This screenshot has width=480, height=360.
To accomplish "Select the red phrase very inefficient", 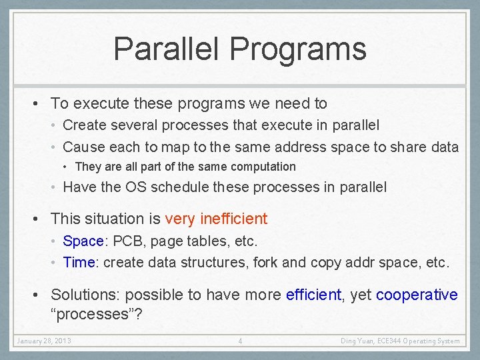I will coord(216,219).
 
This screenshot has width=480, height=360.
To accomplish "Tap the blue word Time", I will coord(79,263).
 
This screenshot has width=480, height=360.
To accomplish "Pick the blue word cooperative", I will coord(417,295).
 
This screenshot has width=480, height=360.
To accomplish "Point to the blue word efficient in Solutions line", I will coord(313,295).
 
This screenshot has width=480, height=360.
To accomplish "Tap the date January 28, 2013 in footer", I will coord(44,341).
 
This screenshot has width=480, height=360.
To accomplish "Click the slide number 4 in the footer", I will coord(240,341).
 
